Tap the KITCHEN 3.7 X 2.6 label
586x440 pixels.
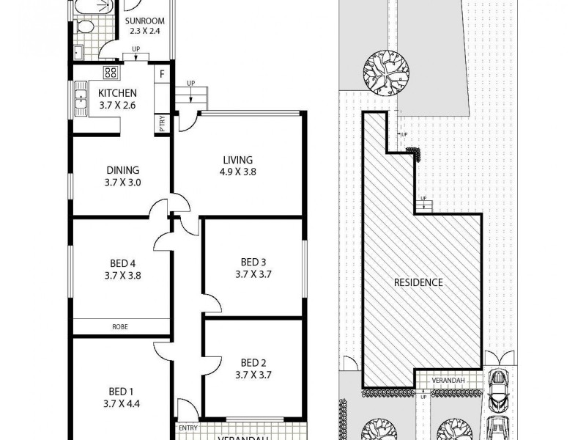click(118, 92)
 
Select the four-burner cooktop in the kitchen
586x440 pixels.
click(111, 73)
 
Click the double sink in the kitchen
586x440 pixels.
click(80, 100)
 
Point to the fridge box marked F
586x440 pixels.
click(162, 74)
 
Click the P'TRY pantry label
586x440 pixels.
click(162, 125)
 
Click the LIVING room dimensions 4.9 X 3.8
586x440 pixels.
click(239, 173)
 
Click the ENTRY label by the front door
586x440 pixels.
click(187, 428)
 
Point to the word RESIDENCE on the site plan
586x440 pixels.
click(418, 282)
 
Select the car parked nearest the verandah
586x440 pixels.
click(498, 389)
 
